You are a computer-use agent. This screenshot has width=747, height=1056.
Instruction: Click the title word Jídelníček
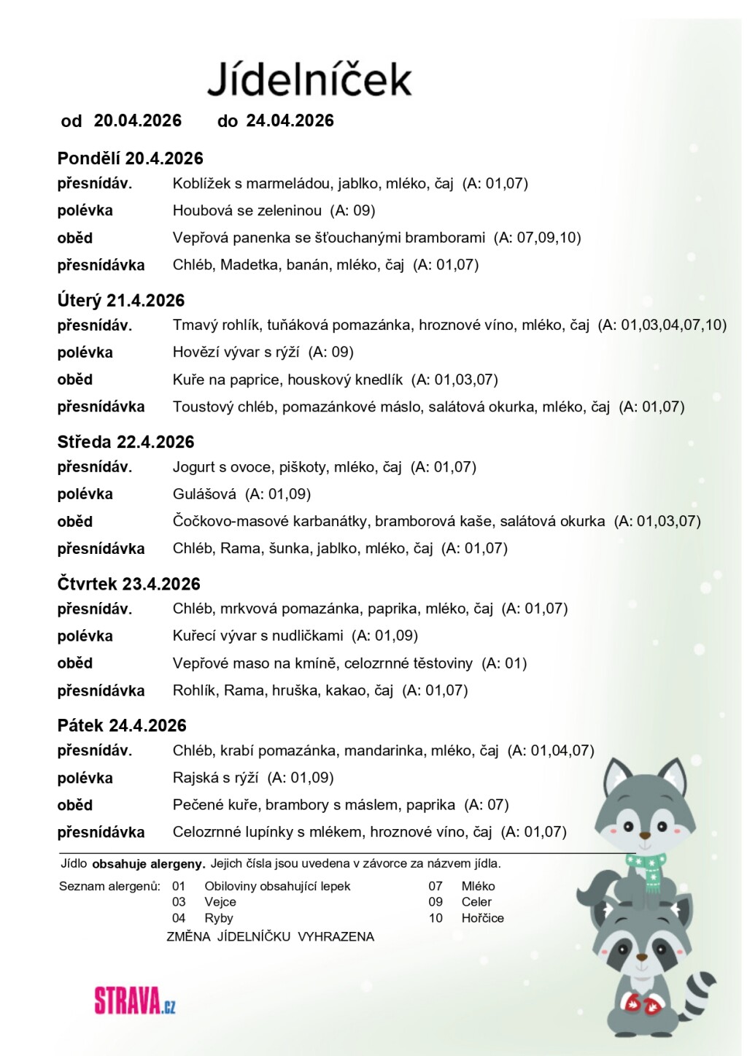(309, 79)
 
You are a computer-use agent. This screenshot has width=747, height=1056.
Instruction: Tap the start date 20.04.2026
(137, 120)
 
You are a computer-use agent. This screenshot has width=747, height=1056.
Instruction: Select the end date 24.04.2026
(290, 120)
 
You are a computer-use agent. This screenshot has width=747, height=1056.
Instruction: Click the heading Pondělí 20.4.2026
(130, 158)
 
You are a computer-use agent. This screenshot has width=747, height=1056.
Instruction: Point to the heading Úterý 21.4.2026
(121, 300)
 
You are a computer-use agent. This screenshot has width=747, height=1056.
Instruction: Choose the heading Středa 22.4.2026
(125, 442)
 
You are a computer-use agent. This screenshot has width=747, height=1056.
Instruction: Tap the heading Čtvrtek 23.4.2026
(128, 584)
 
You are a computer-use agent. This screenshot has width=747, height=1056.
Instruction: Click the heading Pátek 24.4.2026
(122, 725)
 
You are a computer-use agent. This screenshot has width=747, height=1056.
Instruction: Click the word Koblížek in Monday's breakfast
(201, 183)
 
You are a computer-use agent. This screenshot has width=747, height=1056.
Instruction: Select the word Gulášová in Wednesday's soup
(204, 494)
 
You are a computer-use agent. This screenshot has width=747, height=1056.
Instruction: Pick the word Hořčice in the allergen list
(482, 918)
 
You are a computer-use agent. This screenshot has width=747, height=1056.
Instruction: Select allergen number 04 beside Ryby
(179, 918)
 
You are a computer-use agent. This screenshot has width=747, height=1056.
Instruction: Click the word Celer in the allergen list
(476, 902)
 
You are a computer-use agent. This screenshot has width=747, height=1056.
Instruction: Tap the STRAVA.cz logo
(135, 1001)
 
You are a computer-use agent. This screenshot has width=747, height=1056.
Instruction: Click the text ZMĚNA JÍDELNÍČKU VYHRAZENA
(270, 936)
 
